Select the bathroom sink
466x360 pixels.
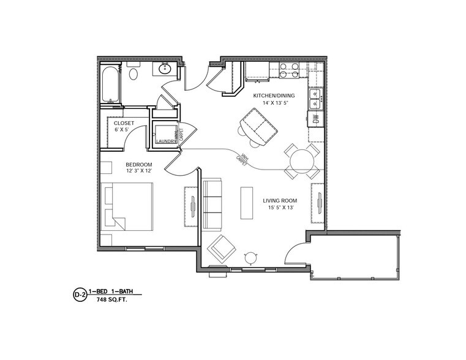(165, 69)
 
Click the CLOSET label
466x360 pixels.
(124, 123)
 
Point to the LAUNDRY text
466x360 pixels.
(165, 141)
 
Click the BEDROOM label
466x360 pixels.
(139, 164)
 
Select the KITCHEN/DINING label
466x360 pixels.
(274, 96)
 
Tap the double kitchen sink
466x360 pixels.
(315, 96)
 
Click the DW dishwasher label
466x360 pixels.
(316, 119)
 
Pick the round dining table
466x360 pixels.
(302, 162)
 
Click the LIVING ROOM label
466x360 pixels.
(280, 200)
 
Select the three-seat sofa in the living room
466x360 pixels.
(212, 203)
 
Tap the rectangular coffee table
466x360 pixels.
(247, 203)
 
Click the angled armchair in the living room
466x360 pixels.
(221, 248)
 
